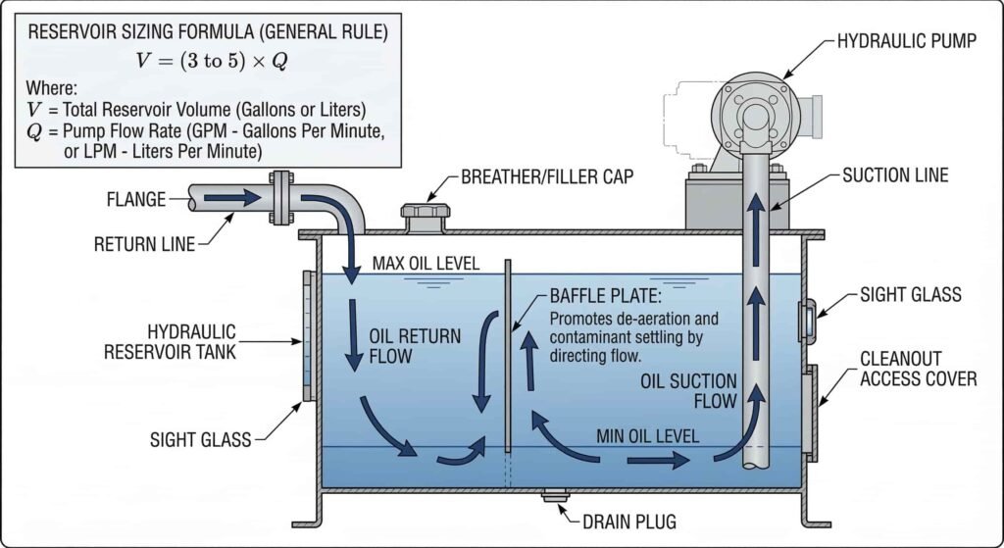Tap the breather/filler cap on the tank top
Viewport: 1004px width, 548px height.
[423, 217]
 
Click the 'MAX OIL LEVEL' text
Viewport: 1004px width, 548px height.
[425, 265]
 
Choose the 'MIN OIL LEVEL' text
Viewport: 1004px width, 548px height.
[648, 436]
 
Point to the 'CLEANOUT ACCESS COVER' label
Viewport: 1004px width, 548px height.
[918, 368]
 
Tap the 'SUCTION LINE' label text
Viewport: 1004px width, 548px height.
[896, 176]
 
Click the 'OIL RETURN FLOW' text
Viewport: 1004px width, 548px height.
[415, 346]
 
